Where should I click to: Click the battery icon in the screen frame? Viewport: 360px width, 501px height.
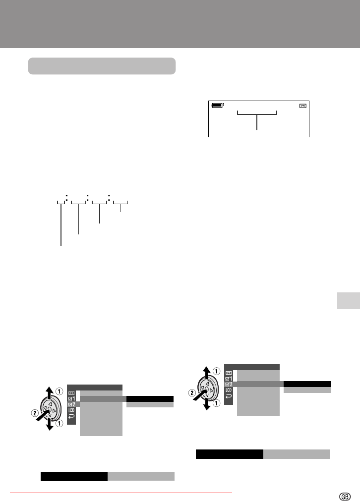pyautogui.click(x=217, y=105)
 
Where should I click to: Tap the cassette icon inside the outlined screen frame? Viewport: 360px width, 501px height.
pyautogui.click(x=303, y=106)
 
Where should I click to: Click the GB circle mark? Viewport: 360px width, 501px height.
pyautogui.click(x=345, y=497)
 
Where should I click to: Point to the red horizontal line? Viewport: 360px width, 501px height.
pyautogui.click(x=121, y=493)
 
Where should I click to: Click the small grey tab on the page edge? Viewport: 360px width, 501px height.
pyautogui.click(x=349, y=300)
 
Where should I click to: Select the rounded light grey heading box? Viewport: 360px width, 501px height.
pyautogui.click(x=102, y=66)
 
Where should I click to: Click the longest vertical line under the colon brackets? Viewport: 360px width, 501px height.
pyautogui.click(x=61, y=224)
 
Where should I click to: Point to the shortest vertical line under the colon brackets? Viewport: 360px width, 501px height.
pyautogui.click(x=120, y=208)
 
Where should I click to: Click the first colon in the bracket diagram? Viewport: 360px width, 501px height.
pyautogui.click(x=66, y=198)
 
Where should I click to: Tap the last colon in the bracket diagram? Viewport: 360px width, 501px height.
pyautogui.click(x=109, y=198)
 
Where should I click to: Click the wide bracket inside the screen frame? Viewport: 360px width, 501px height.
pyautogui.click(x=257, y=112)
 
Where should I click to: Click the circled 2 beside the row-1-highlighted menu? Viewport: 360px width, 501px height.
pyautogui.click(x=35, y=413)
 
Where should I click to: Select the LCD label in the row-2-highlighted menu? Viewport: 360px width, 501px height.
pyautogui.click(x=229, y=390)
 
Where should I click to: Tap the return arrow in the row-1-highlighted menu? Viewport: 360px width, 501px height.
pyautogui.click(x=71, y=416)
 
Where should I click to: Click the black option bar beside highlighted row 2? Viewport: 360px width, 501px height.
pyautogui.click(x=307, y=384)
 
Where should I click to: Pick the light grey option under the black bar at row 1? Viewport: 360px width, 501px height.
pyautogui.click(x=150, y=404)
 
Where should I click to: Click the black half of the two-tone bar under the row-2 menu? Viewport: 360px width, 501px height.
pyautogui.click(x=230, y=454)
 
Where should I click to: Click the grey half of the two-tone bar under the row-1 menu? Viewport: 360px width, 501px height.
pyautogui.click(x=141, y=476)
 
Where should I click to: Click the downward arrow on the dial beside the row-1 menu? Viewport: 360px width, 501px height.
pyautogui.click(x=50, y=423)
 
